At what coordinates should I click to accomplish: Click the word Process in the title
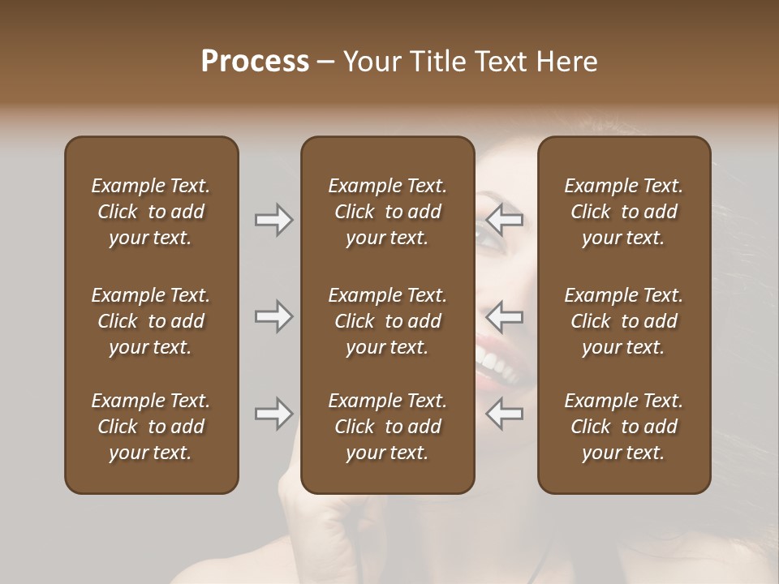255,62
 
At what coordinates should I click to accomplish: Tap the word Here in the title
567,62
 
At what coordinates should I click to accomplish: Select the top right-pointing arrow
274,220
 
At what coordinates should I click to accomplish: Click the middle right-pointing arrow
274,316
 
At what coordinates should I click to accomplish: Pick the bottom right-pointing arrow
274,414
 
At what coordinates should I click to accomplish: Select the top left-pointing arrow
505,220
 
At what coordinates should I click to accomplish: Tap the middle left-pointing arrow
505,316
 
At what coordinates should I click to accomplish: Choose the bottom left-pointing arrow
505,414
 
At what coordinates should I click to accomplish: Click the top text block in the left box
151,212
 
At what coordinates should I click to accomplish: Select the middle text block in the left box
151,321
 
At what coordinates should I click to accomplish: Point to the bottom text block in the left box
151,427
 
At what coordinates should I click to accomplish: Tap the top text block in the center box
387,212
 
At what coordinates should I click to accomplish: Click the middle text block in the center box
387,321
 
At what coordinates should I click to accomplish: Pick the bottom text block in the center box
387,427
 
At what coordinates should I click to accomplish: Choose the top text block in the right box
623,212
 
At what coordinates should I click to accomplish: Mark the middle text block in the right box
623,321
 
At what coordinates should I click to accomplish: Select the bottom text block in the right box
623,427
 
